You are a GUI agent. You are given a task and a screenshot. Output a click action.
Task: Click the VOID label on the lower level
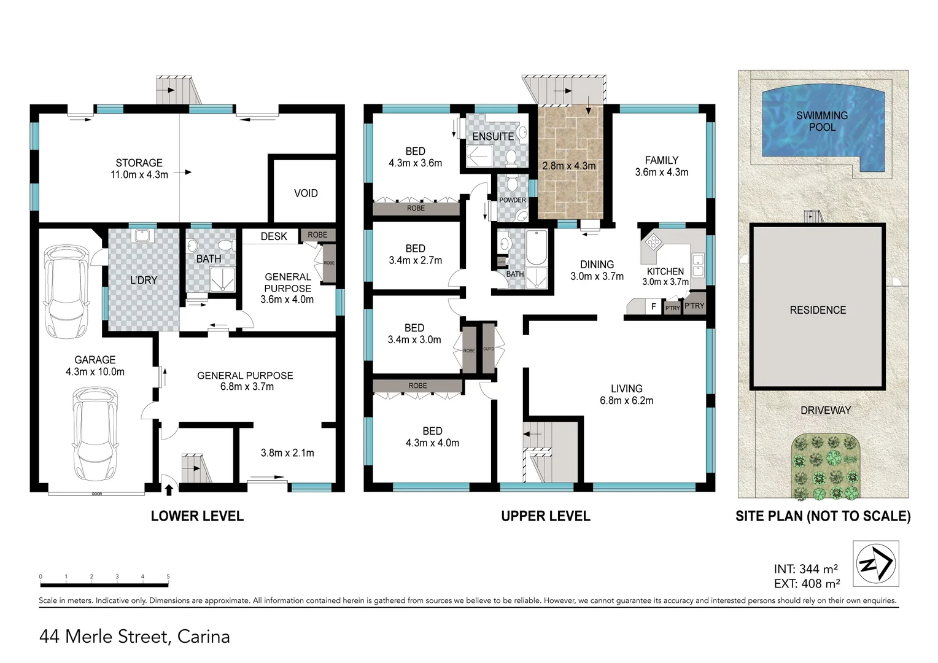tap(306, 193)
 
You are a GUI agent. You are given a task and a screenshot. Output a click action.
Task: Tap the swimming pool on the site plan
tap(823, 130)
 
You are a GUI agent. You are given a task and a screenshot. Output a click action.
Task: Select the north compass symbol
tap(876, 564)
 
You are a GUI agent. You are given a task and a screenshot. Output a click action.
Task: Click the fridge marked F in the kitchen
tap(654, 306)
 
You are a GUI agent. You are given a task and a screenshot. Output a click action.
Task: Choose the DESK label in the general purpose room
tap(274, 236)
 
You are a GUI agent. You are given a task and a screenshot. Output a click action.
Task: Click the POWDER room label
tap(513, 200)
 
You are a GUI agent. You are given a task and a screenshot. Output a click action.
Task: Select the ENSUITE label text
tap(493, 136)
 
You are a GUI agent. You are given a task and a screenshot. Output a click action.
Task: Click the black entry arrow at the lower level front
tap(169, 489)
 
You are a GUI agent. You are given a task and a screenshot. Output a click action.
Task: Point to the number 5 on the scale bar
tap(168, 577)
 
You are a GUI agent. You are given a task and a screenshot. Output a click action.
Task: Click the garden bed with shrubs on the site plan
tap(826, 467)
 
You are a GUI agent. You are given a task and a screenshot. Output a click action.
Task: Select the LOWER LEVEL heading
tap(197, 516)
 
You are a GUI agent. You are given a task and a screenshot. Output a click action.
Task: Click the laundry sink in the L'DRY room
tap(142, 235)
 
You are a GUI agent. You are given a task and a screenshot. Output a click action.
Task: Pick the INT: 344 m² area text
tap(805, 569)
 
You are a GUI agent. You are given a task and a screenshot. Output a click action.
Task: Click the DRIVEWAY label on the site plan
tap(825, 410)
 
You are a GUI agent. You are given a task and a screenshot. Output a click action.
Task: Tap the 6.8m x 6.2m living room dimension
tap(626, 401)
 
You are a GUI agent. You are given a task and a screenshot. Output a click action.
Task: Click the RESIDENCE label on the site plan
tap(818, 310)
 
